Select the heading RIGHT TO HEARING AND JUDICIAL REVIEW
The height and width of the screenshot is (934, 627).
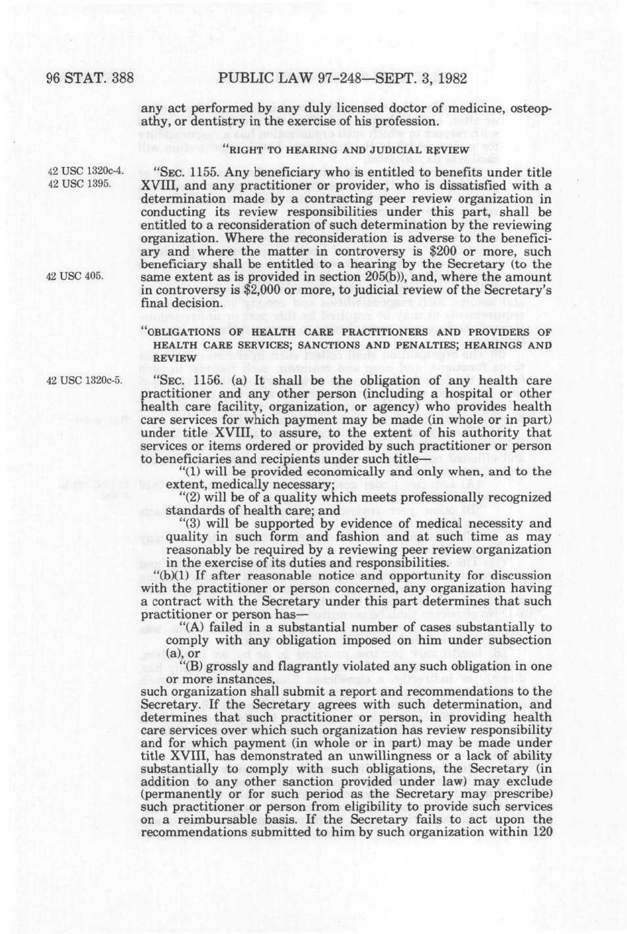point(348,150)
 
